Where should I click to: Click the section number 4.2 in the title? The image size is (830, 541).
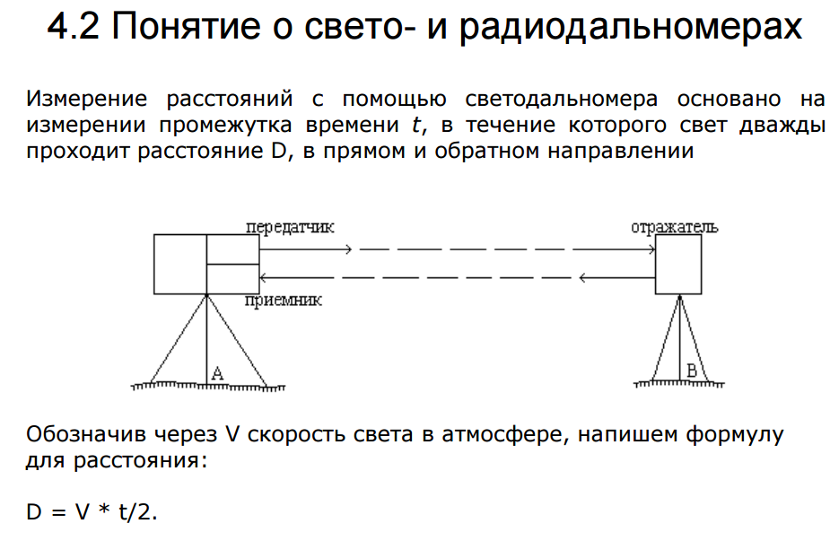tap(73, 26)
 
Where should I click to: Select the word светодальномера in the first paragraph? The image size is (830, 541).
tap(562, 100)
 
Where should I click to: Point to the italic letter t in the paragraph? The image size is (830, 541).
tap(416, 125)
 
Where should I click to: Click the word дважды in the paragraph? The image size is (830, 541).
tap(782, 126)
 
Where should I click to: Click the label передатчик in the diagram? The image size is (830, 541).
tap(290, 227)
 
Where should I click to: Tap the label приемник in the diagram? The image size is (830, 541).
tap(284, 301)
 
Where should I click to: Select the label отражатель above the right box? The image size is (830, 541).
tap(675, 227)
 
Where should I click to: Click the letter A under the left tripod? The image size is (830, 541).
tap(217, 373)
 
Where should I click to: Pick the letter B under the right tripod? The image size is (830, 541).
tap(691, 371)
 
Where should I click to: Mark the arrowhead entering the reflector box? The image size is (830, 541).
tap(651, 249)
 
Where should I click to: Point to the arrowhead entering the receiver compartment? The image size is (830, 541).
tap(263, 277)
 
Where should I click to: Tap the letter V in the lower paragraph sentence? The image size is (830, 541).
tap(232, 434)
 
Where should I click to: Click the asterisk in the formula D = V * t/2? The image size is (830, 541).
tap(104, 510)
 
